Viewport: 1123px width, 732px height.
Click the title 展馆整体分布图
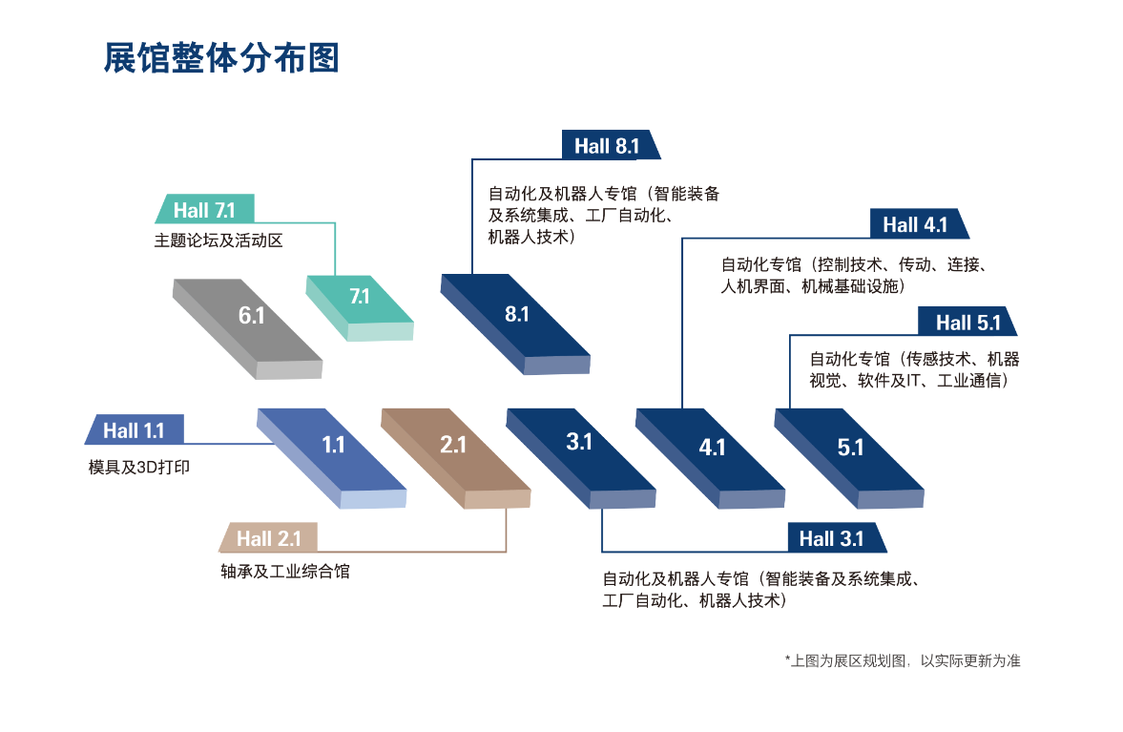point(221,58)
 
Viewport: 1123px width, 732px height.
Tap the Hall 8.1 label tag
point(611,145)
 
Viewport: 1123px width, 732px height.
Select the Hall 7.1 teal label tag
point(205,209)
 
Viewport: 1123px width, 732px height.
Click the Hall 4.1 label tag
point(919,224)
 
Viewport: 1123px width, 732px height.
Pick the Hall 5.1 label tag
point(967,322)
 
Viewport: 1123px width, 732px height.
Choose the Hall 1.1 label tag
point(134,429)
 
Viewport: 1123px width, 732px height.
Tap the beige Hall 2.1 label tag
point(268,538)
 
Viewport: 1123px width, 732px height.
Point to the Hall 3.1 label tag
point(837,538)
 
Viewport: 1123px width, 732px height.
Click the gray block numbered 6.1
point(248,328)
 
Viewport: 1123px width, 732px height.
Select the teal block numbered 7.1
point(361,306)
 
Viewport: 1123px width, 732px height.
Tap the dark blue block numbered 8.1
point(515,323)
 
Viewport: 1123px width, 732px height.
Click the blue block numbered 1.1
point(332,458)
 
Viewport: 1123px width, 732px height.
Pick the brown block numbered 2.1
point(455,458)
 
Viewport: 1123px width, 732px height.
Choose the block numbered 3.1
point(581,458)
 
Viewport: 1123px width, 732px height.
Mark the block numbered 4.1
point(711,458)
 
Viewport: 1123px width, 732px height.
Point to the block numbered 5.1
point(849,458)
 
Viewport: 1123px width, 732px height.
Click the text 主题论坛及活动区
point(218,241)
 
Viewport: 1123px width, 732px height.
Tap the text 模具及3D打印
point(139,467)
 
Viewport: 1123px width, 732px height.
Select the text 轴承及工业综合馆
point(285,571)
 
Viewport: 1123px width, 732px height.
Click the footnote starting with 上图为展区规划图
point(903,660)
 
